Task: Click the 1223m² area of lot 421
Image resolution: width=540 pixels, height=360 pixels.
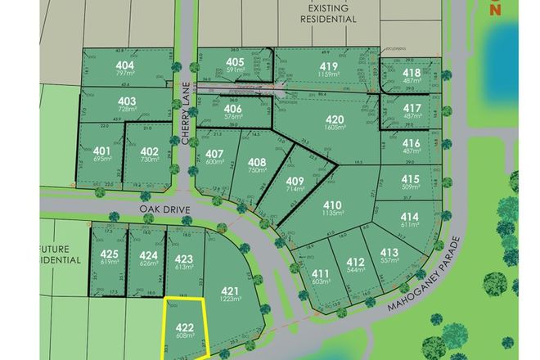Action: pyautogui.click(x=230, y=299)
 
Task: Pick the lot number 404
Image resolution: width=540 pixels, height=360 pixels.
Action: pyautogui.click(x=125, y=65)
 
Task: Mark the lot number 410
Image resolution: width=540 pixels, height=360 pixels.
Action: pyautogui.click(x=332, y=205)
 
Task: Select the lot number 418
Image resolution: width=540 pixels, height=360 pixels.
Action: pyautogui.click(x=412, y=73)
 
